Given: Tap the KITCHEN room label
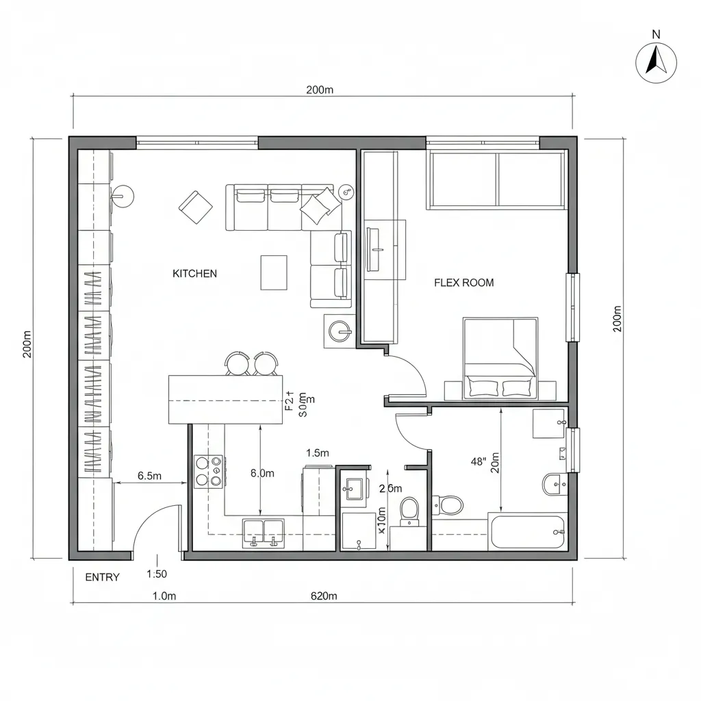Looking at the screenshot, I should click(194, 274).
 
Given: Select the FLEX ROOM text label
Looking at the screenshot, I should click(463, 283).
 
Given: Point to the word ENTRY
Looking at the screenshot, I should click(102, 577).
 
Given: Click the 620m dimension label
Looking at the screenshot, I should click(324, 596).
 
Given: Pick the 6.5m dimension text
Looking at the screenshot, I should click(149, 476).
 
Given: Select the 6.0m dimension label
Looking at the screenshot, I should click(262, 473).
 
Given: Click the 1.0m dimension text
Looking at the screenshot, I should click(164, 596).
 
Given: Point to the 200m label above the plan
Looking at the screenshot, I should click(319, 90).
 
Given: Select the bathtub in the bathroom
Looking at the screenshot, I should click(528, 532).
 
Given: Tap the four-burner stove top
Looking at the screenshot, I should click(209, 471).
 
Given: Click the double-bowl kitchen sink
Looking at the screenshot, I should click(264, 533).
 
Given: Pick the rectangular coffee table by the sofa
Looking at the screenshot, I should click(274, 272).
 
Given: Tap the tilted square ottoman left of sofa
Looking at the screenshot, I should click(196, 207).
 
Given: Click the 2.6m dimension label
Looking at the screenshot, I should click(390, 488).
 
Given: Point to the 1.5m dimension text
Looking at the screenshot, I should click(318, 453).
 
